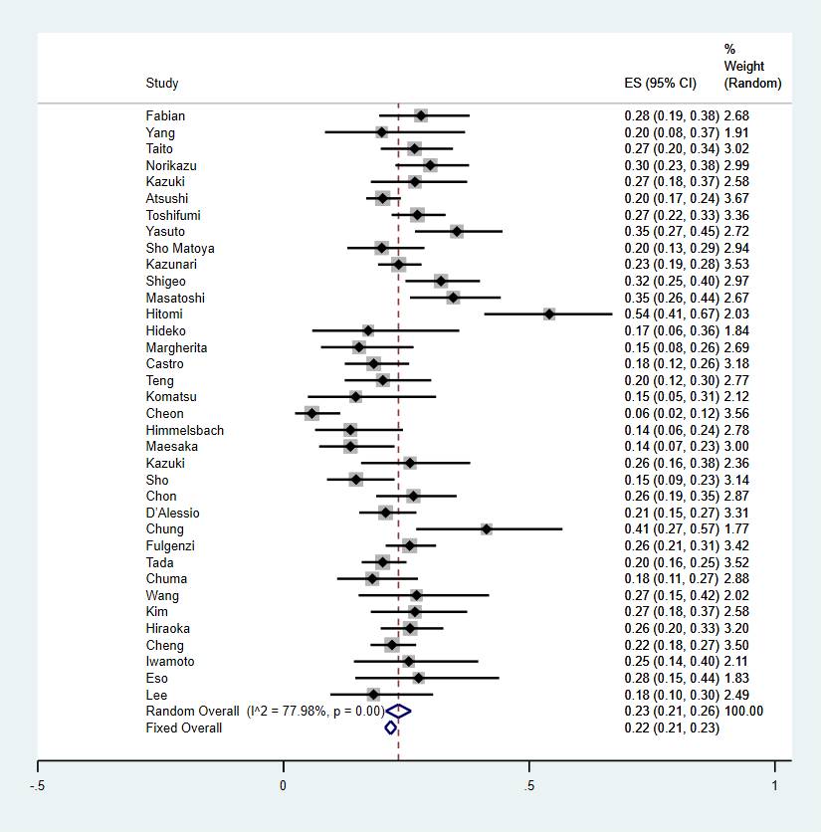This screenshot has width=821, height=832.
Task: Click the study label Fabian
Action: click(x=165, y=115)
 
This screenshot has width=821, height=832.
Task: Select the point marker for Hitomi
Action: click(x=549, y=313)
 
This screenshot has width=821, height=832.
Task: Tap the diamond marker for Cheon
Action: click(x=312, y=413)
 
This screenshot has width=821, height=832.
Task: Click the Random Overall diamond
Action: click(x=398, y=711)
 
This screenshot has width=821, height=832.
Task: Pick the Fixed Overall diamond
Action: click(x=391, y=728)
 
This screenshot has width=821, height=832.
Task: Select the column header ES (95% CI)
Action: click(x=658, y=84)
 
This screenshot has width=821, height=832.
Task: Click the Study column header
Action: click(x=162, y=84)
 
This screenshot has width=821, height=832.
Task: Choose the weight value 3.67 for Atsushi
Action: click(x=736, y=198)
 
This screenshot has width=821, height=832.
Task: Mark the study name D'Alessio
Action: click(x=172, y=513)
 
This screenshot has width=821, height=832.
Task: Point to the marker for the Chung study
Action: click(x=486, y=528)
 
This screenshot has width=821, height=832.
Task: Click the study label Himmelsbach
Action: click(x=185, y=430)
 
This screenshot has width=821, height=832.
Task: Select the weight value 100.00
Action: click(x=743, y=711)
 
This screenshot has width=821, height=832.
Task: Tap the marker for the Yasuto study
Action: click(x=456, y=231)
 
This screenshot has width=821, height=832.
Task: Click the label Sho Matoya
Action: click(x=180, y=248)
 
